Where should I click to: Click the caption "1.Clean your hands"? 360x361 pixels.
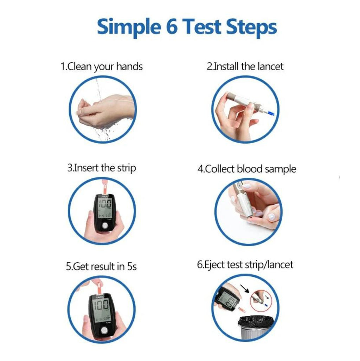[x=102, y=66]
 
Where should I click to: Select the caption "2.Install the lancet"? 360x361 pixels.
[x=245, y=66]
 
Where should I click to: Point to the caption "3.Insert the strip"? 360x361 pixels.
[x=102, y=168]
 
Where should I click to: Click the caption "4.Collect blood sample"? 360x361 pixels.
[x=246, y=169]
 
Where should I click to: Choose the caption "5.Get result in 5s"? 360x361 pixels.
[x=102, y=267]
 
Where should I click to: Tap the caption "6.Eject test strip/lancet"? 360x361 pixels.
[x=245, y=264]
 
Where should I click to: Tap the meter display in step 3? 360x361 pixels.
[x=105, y=208]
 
